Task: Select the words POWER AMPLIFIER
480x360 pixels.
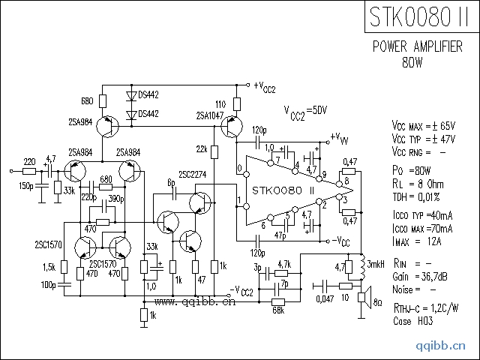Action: click(x=417, y=46)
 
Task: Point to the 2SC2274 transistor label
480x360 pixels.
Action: click(x=193, y=175)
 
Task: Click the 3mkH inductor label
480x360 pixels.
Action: click(x=377, y=265)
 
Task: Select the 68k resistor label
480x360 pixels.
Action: click(x=277, y=308)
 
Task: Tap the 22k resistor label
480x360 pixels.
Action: click(x=202, y=148)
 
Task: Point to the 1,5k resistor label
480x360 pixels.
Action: click(x=50, y=268)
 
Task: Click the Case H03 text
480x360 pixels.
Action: click(x=414, y=321)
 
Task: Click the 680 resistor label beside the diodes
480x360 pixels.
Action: click(x=87, y=100)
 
